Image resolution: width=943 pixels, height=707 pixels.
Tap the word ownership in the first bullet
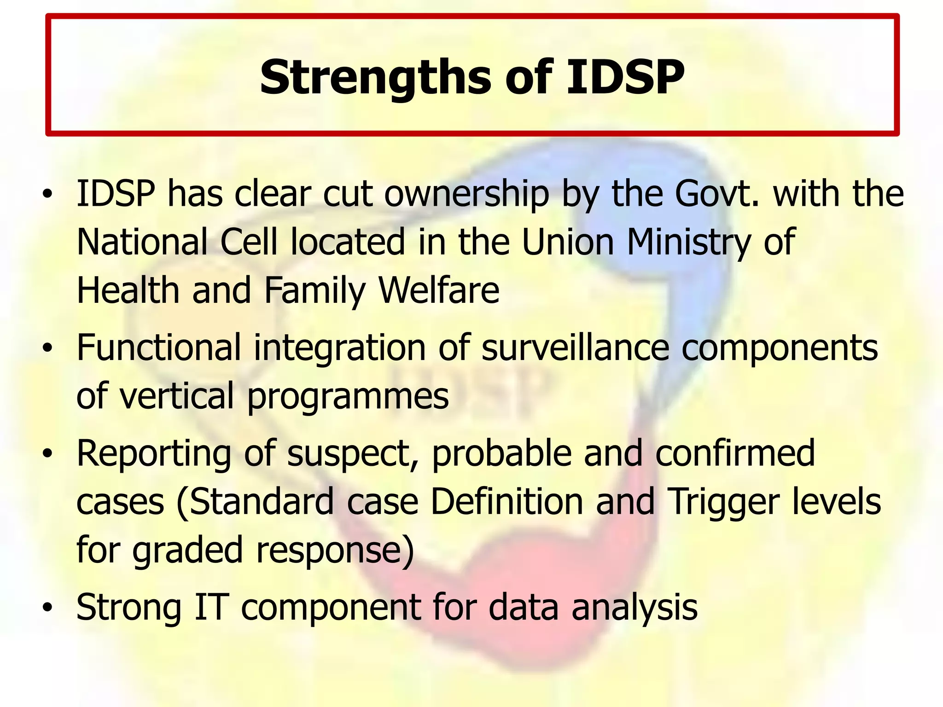pos(466,194)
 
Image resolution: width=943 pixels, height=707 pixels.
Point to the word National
pos(142,242)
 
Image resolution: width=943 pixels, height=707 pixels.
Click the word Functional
pos(158,348)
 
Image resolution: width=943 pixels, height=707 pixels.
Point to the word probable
pos(501,453)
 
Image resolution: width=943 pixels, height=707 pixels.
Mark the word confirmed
pos(735,453)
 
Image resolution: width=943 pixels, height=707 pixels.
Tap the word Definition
pos(507,501)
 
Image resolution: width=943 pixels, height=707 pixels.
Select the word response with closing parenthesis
pos(335,551)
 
